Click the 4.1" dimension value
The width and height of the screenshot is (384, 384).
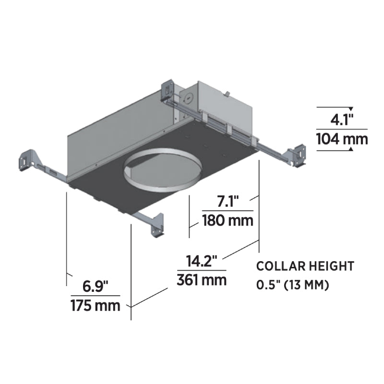pyautogui.click(x=342, y=120)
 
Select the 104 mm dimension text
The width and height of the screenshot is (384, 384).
pyautogui.click(x=342, y=139)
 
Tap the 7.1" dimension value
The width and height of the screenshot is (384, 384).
pyautogui.click(x=228, y=201)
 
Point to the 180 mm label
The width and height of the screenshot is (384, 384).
pyautogui.click(x=228, y=220)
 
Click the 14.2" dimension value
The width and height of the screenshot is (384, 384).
pyautogui.click(x=202, y=261)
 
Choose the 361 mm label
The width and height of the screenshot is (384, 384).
pyautogui.click(x=202, y=280)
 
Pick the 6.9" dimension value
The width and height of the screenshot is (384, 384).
pyautogui.click(x=95, y=286)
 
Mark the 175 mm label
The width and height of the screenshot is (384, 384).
pyautogui.click(x=96, y=306)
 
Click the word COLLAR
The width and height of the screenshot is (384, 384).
pyautogui.click(x=278, y=266)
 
